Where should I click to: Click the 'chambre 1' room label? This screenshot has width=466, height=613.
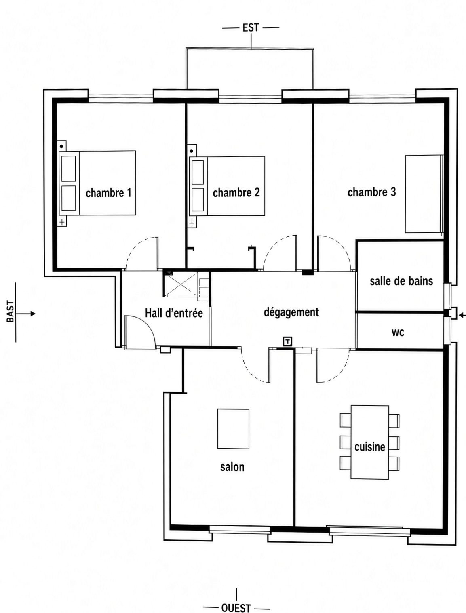point(108,193)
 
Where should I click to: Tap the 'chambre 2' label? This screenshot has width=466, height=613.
point(236,193)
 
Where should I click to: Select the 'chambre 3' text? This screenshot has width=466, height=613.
point(371,192)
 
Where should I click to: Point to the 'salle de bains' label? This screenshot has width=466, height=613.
point(401,281)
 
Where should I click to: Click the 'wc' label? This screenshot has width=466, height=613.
point(398,333)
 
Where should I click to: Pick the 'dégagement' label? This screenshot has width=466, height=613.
point(291,312)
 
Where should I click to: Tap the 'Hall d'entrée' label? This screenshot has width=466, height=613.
point(174,313)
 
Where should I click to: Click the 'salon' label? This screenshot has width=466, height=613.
point(232,467)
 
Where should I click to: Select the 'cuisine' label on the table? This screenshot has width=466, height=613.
point(370,447)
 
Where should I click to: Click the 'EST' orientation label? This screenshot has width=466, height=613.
point(251,27)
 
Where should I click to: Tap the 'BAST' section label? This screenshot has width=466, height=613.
point(11,312)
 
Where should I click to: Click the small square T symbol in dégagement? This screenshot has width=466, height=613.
point(288,341)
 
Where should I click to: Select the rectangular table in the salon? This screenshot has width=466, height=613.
point(233,429)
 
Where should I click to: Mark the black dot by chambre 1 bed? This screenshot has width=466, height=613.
point(62,146)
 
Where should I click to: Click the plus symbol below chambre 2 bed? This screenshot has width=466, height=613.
point(192,223)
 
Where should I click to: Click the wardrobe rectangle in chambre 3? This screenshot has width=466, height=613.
point(424,194)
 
